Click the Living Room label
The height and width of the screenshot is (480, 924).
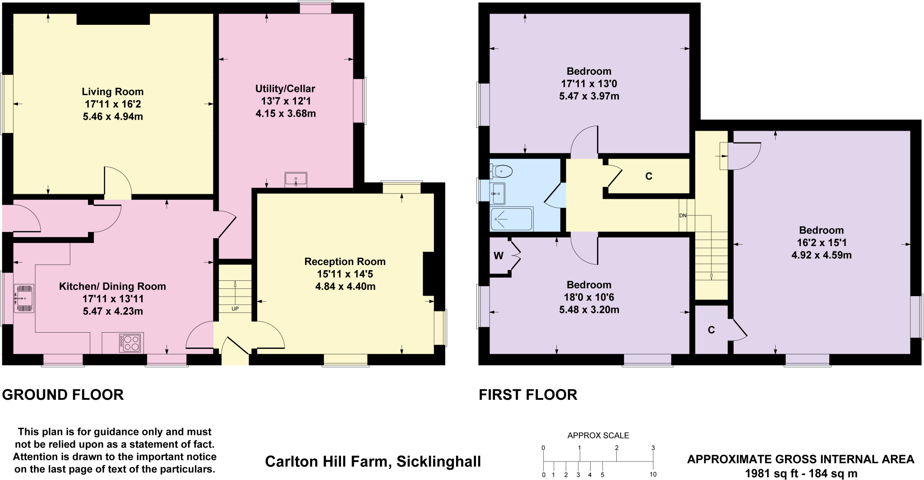click(x=112, y=91)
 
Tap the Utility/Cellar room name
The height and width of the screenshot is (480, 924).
click(x=285, y=88)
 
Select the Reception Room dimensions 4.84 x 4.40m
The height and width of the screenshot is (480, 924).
click(x=345, y=286)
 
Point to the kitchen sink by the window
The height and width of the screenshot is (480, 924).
click(x=24, y=298)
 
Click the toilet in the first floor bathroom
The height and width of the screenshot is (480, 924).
click(x=503, y=171)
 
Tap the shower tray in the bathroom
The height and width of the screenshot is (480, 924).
click(x=511, y=219)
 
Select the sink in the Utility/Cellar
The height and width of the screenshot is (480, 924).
click(x=296, y=179)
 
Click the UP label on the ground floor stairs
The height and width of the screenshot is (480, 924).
click(x=235, y=309)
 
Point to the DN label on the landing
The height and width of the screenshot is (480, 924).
click(x=683, y=215)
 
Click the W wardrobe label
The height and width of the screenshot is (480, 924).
click(x=498, y=256)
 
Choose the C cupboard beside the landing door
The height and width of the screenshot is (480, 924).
click(x=649, y=176)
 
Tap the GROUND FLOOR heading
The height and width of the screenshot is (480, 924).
click(x=63, y=394)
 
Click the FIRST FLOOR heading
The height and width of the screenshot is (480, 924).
click(x=528, y=394)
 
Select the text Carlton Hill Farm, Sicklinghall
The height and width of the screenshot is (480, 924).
click(x=373, y=461)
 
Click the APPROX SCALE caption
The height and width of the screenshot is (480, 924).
click(x=598, y=435)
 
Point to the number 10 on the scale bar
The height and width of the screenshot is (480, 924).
click(x=653, y=474)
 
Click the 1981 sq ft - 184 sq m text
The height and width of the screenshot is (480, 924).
click(x=800, y=473)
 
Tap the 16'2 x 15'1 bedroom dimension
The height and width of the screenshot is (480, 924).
click(x=821, y=242)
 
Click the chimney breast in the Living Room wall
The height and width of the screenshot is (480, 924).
click(x=113, y=18)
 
